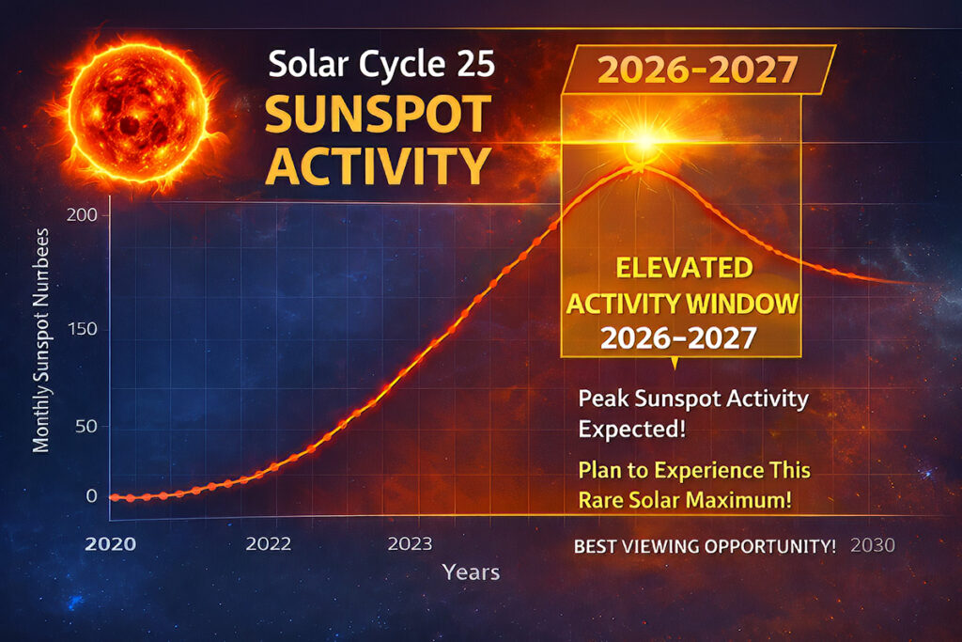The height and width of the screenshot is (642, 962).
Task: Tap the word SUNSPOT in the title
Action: point(377,115)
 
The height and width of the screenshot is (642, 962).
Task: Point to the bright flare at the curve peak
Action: point(644,143)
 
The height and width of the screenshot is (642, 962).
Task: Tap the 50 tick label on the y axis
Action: point(85,426)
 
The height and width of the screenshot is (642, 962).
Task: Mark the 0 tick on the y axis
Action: point(91,495)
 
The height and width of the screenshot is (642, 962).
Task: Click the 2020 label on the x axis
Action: point(110,545)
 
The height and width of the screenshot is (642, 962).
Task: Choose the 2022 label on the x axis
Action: point(269,544)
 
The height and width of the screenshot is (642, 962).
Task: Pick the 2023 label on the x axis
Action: point(410,544)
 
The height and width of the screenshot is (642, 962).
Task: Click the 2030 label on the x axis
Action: point(873,546)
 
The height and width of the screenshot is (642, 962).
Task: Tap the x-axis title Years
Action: point(471,572)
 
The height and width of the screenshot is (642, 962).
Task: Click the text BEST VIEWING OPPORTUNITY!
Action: point(705,546)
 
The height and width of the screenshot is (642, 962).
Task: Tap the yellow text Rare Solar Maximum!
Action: point(684,500)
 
